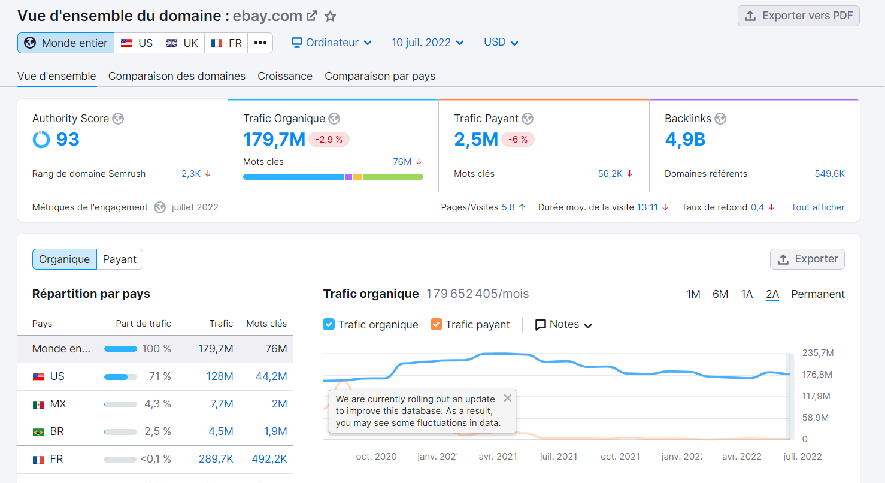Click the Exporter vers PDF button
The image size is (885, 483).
[x=798, y=16]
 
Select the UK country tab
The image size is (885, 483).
[x=182, y=43]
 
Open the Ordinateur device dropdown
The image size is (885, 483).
[x=332, y=43]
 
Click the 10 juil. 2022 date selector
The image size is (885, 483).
[x=428, y=43]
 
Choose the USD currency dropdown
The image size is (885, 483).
[x=501, y=43]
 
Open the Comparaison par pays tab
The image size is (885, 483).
[x=380, y=76]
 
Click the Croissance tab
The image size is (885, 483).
[x=285, y=76]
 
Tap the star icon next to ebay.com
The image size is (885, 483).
[x=330, y=16]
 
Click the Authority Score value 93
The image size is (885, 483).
[x=68, y=140]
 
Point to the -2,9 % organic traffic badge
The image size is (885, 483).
[x=329, y=140]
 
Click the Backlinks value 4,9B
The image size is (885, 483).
[x=685, y=140]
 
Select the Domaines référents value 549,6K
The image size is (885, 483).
[x=829, y=174]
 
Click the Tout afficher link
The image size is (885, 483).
[x=817, y=207]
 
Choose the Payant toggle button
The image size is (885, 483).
[x=120, y=259]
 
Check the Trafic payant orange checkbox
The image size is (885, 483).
[x=437, y=324]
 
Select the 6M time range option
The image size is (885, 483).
[x=720, y=294]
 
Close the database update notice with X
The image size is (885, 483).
[x=508, y=398]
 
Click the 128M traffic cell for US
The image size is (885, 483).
[x=220, y=376]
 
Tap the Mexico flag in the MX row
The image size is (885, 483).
[x=38, y=404]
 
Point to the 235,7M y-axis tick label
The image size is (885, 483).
[x=818, y=353]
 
